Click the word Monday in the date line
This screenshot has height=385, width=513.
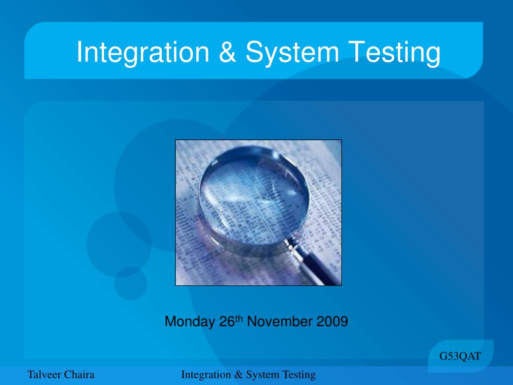coord(190,321)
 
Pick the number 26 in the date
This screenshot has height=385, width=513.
coord(226,321)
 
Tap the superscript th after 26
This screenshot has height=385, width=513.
coord(239,318)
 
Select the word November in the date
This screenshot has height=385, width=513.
coord(280,321)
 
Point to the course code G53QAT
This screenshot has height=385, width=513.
coord(460,356)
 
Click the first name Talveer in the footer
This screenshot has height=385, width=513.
coord(44,374)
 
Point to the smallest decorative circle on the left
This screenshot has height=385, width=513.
coord(130,283)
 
